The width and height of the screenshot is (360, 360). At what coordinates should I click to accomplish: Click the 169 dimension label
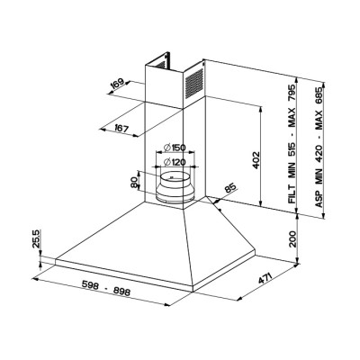pos(117,84)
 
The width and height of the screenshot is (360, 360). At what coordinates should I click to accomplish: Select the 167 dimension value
pos(121,129)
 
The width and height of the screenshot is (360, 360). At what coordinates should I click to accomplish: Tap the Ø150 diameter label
pos(175,148)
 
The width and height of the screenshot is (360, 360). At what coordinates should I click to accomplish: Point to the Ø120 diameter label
pos(175,162)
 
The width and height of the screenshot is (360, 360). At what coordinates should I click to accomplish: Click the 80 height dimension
pos(134,182)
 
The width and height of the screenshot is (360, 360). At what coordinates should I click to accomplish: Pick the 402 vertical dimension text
pos(256,160)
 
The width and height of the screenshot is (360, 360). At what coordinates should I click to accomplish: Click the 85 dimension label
pos(230,189)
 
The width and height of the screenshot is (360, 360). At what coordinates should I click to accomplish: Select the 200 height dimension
pos(292,239)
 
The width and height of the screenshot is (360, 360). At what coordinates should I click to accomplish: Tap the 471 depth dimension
pos(265,278)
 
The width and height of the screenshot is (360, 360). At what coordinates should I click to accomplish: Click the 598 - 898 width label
pos(106,288)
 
